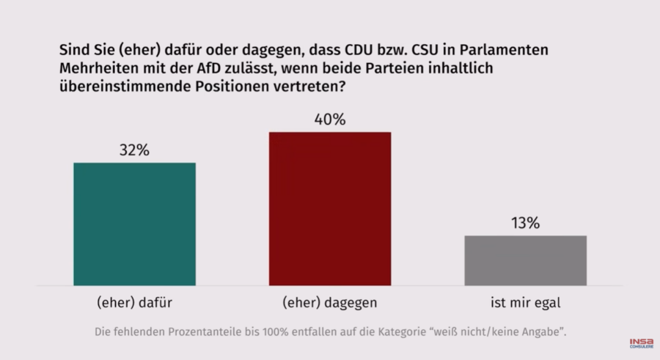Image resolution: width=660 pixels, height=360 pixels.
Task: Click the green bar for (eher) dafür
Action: coord(134,224)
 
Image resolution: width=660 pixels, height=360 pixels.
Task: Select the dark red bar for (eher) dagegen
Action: coord(329,209)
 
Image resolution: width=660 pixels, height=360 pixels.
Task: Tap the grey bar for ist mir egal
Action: coord(525,260)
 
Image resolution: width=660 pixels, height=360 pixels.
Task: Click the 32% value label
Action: coord(134,150)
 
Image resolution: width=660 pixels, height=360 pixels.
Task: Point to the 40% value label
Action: coord(329,120)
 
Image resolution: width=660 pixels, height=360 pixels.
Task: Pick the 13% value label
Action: coord(525,224)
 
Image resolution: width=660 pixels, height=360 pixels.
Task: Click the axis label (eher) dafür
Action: coord(134,301)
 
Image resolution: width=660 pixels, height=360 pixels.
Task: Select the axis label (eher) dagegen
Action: coord(329,301)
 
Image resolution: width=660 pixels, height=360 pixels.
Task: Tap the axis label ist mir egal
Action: coord(525,301)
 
